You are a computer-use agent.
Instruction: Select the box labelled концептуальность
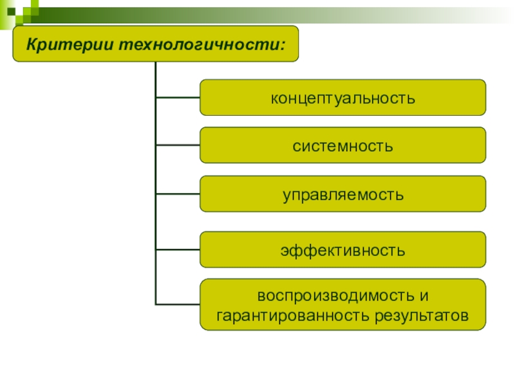click(342, 98)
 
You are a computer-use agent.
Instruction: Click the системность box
click(342, 145)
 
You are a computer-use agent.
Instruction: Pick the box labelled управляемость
click(342, 194)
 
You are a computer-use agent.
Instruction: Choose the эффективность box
click(342, 250)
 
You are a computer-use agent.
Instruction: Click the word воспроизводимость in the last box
click(333, 296)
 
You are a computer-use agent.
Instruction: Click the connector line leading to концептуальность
click(178, 98)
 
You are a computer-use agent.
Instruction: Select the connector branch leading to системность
click(178, 145)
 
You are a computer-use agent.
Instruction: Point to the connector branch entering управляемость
click(178, 194)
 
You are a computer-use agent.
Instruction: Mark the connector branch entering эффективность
click(178, 250)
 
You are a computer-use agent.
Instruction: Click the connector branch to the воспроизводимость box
click(178, 304)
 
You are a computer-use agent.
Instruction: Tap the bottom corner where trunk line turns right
click(156, 304)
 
